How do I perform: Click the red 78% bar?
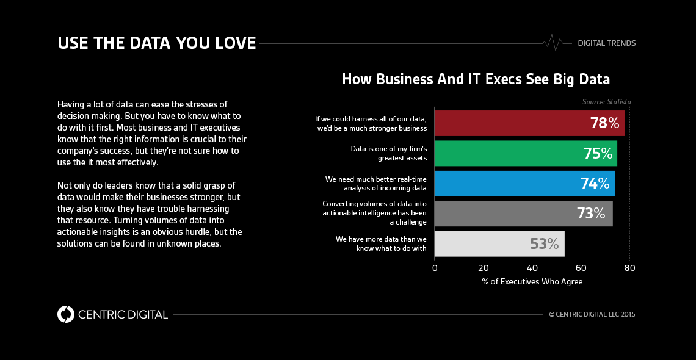tap(529, 123)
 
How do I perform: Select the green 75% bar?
tap(526, 153)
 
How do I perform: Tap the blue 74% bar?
tap(524, 183)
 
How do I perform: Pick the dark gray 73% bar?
tap(523, 214)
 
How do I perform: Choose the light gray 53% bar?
tap(499, 243)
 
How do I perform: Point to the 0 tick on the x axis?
tap(435, 267)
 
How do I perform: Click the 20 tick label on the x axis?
tap(484, 267)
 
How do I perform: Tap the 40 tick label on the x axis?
tap(532, 267)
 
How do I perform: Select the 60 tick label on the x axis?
tap(581, 267)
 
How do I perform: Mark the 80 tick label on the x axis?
tap(629, 267)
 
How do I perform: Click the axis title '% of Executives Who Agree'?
tap(532, 281)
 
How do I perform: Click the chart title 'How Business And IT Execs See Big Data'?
tap(476, 79)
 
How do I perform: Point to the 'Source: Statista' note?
tap(606, 102)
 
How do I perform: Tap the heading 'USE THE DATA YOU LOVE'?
tap(156, 43)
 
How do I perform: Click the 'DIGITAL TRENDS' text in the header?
tap(606, 43)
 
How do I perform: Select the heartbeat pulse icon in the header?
tap(553, 43)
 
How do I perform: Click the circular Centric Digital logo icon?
tap(66, 314)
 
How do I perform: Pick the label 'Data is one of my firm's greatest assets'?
tap(388, 153)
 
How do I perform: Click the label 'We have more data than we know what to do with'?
tap(381, 243)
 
